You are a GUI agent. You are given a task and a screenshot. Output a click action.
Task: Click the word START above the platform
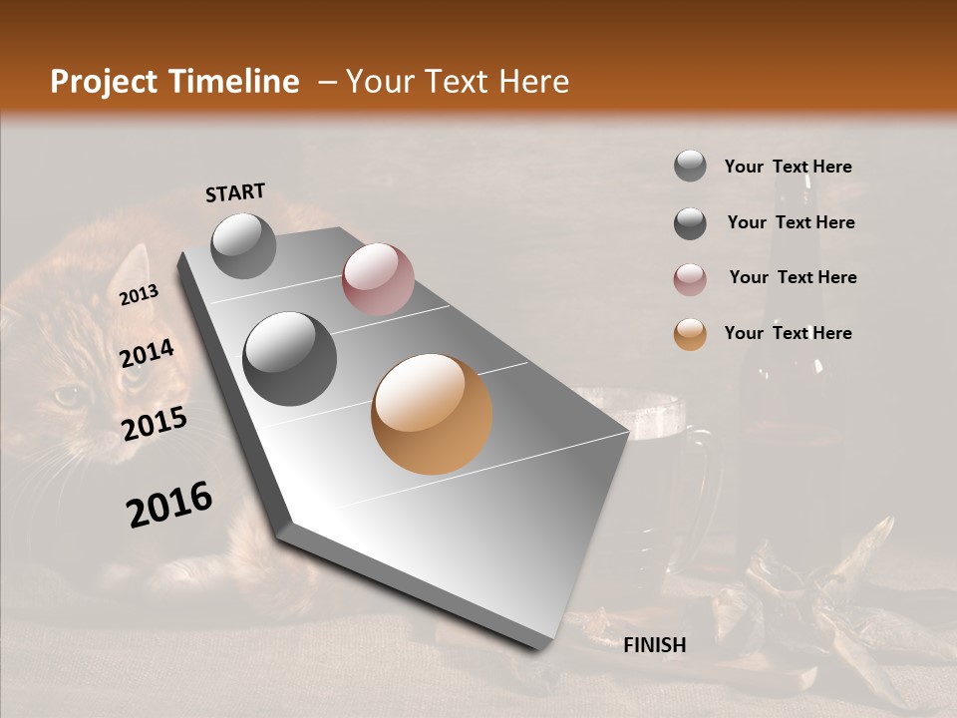[x=235, y=192]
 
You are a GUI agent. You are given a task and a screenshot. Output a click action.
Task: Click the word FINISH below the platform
[x=655, y=645]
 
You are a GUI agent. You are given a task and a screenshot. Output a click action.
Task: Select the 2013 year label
[x=139, y=294]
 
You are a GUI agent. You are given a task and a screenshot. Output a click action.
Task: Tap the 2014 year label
[x=147, y=354]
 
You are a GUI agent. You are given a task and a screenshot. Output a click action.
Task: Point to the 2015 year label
[x=155, y=424]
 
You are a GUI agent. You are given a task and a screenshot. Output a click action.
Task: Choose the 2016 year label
[x=169, y=504]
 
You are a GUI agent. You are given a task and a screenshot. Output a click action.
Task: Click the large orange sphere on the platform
[x=432, y=414]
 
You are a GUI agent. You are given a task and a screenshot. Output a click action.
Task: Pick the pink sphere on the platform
[x=378, y=279]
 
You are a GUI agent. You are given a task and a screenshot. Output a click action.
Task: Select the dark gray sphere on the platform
[x=290, y=359]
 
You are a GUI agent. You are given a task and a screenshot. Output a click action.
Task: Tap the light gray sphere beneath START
[x=243, y=245]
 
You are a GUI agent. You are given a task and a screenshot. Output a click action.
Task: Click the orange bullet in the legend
[x=690, y=334]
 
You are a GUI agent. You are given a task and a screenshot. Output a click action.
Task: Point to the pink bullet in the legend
[x=690, y=279]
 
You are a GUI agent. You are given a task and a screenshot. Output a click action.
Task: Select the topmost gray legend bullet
[x=690, y=167]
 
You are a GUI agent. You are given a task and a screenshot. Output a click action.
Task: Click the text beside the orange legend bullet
[x=789, y=333]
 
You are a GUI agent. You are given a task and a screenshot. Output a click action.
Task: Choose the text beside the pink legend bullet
[x=793, y=277]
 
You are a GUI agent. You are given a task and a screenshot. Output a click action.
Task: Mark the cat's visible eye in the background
[x=68, y=396]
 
